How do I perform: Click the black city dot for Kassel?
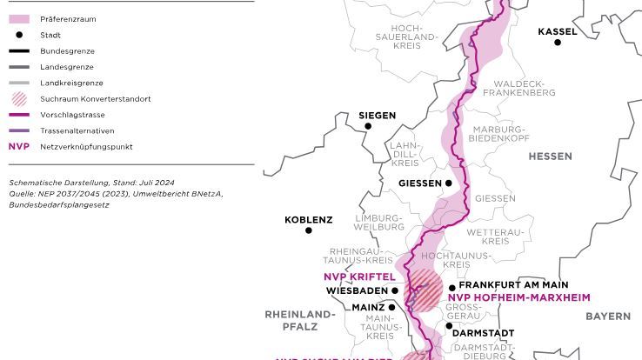pos(558,43)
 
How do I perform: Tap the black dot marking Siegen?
pos(368,127)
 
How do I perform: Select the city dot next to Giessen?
pos(449,183)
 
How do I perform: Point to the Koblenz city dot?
pos(308,230)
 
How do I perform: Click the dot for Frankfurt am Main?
pos(452,288)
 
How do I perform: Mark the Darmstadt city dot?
pos(450,326)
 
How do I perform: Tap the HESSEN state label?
pos(550,157)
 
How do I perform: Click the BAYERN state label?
pos(607,317)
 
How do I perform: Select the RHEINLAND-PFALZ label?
pos(299,320)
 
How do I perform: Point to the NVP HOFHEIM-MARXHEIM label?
pos(518,297)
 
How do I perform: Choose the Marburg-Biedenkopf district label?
pos(499,133)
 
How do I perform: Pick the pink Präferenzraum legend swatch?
pos(18,19)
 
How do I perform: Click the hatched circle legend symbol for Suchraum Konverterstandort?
pos(18,99)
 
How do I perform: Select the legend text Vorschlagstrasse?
pos(72,115)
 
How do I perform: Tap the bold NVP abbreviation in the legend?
pos(18,147)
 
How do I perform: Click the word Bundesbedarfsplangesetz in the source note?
pos(59,205)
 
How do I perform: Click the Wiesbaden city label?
pos(357,291)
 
